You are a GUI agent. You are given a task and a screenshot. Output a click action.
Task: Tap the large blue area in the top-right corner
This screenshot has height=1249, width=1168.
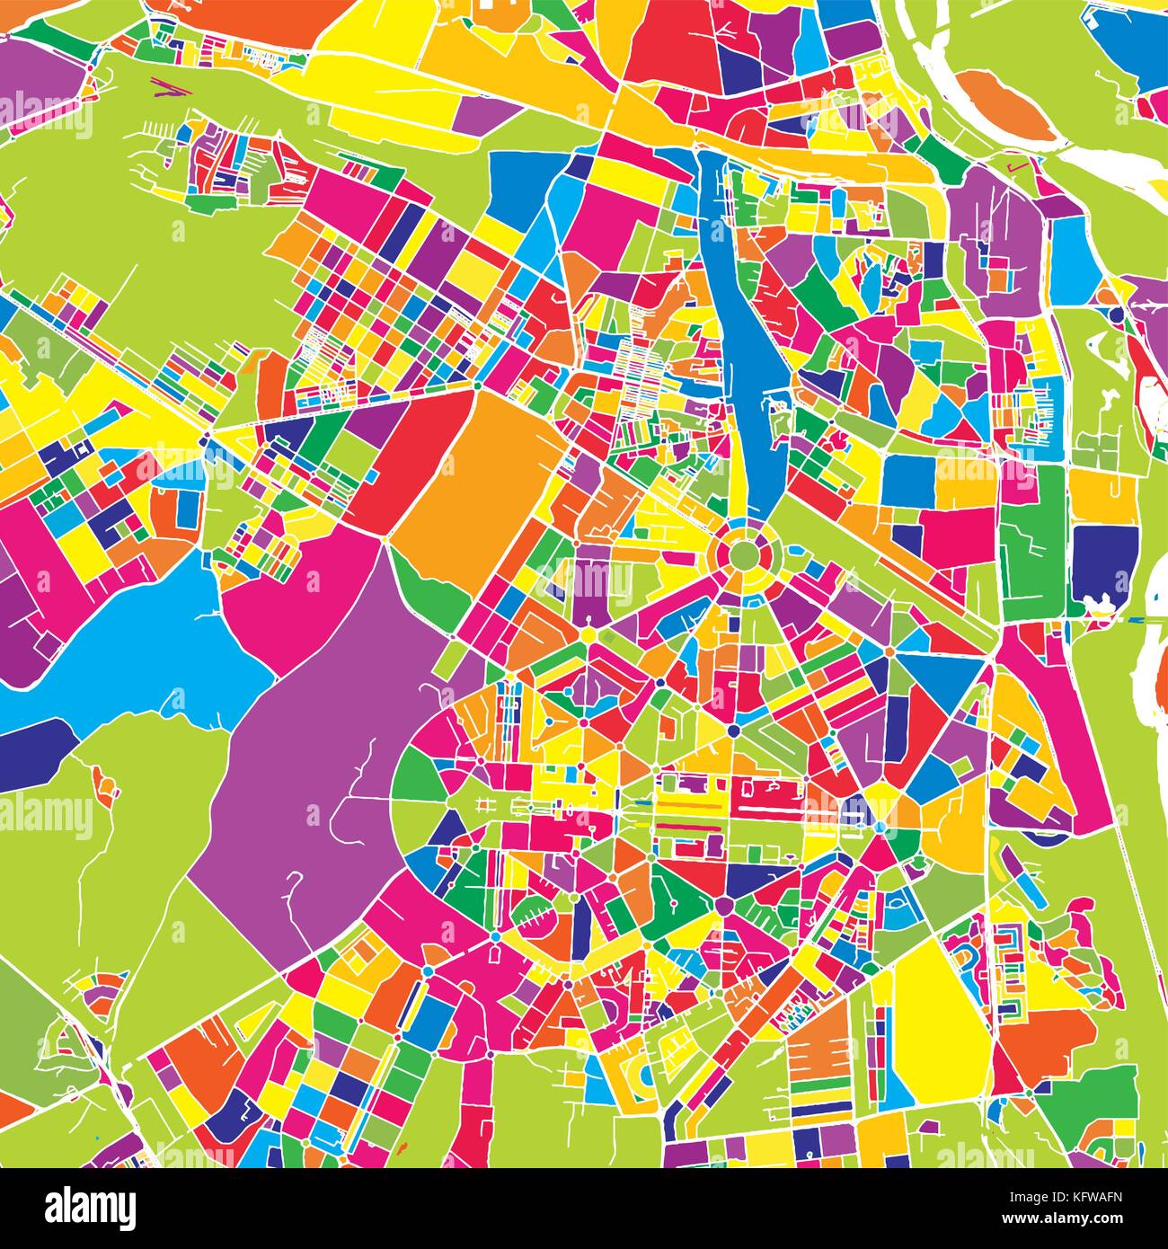(1123, 45)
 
